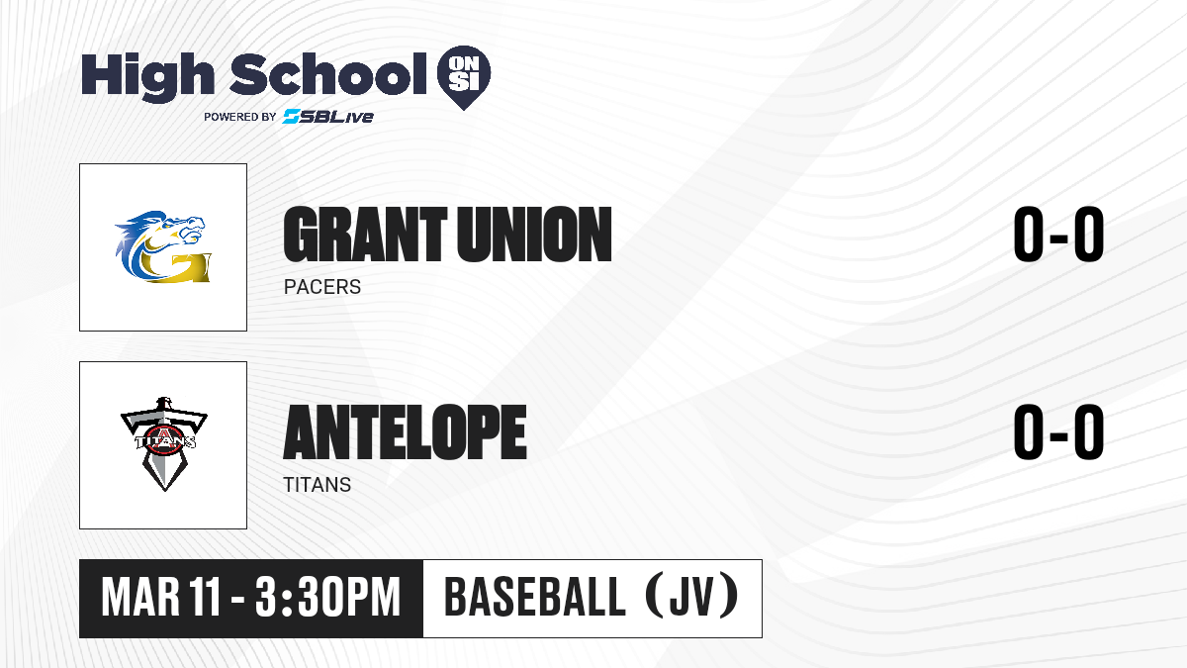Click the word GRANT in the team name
coord(365,235)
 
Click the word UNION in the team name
coord(534,235)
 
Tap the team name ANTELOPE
coord(405,432)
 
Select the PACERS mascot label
coord(322,287)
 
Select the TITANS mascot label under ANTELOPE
coord(317,485)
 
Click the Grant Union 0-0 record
coord(1058,235)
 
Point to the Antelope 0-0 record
coord(1058,432)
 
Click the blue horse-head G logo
coord(163,246)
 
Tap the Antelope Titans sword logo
coord(164,444)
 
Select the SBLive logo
coord(328,116)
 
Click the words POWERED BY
coord(240,117)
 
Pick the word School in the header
coord(328,74)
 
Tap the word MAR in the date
coord(140,598)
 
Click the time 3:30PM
coord(327,598)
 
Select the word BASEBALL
coord(535,598)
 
